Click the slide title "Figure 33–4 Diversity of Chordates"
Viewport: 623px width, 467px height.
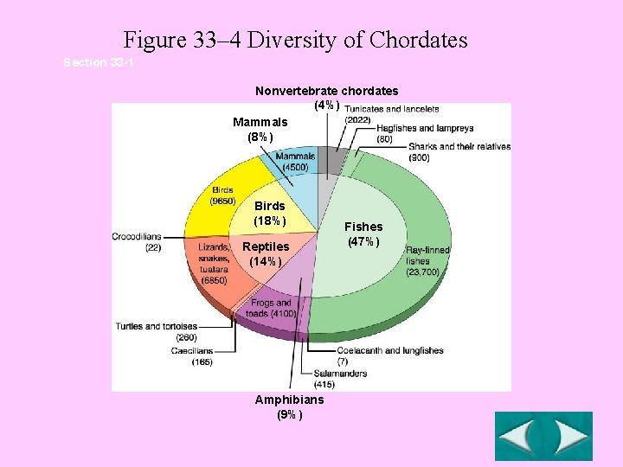[x=295, y=40]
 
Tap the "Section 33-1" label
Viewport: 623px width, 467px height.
[x=98, y=63]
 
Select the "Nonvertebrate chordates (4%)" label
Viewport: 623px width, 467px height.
[x=326, y=97]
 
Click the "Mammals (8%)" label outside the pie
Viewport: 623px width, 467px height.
[x=260, y=130]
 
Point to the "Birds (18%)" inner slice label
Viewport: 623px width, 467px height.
[x=270, y=214]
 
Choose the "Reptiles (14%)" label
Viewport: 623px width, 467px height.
[x=266, y=254]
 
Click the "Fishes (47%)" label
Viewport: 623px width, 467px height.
[x=364, y=233]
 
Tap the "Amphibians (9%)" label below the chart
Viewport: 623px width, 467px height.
[x=289, y=406]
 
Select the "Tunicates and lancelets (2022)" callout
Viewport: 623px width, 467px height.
[x=391, y=114]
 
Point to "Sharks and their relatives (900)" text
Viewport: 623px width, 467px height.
[x=459, y=152]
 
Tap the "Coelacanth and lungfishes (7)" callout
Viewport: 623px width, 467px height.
[x=389, y=355]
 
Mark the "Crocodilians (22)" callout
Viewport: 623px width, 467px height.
[x=136, y=242]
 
